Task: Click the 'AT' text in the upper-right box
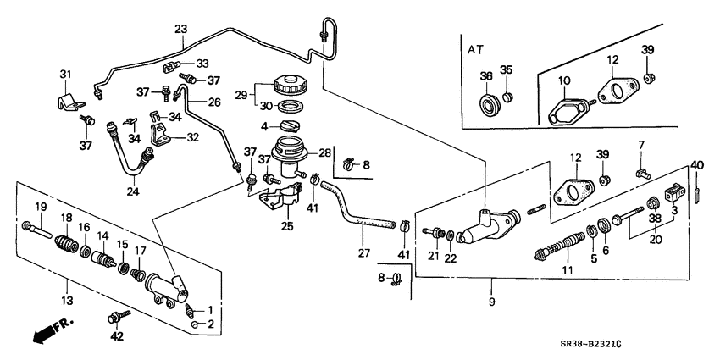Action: click(477, 50)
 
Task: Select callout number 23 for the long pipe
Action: click(180, 30)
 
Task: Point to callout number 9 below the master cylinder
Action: click(491, 300)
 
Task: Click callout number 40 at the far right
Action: click(697, 164)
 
